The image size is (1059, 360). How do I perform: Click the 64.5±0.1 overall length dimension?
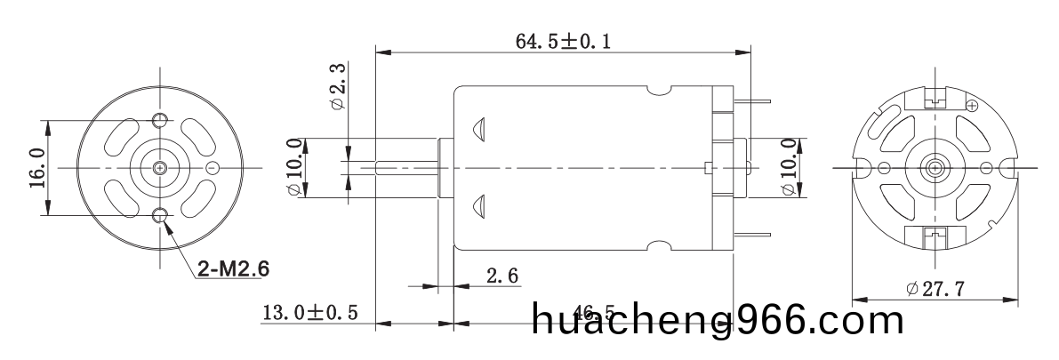pyautogui.click(x=564, y=41)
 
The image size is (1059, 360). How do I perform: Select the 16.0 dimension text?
pyautogui.click(x=36, y=166)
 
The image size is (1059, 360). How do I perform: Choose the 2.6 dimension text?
pyautogui.click(x=502, y=276)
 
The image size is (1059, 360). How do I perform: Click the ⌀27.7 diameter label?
pyautogui.click(x=935, y=289)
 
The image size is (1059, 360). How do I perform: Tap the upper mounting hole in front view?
pyautogui.click(x=160, y=120)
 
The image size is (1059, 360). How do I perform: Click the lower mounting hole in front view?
pyautogui.click(x=160, y=214)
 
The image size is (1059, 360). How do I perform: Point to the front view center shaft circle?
pyautogui.click(x=160, y=167)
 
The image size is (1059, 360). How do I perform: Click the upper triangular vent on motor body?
pyautogui.click(x=479, y=128)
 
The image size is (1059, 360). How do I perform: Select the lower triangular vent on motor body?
pyautogui.click(x=479, y=205)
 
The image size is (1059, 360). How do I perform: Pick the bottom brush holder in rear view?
pyautogui.click(x=934, y=236)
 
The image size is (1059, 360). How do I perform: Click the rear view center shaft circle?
pyautogui.click(x=934, y=168)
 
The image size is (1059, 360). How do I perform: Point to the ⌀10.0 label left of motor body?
pyautogui.click(x=294, y=166)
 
